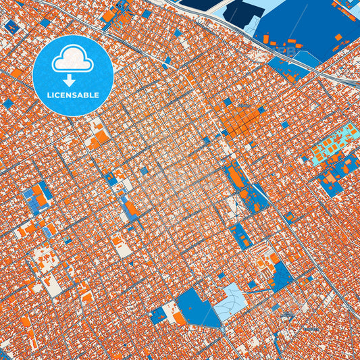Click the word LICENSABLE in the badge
pyautogui.click(x=72, y=95)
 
